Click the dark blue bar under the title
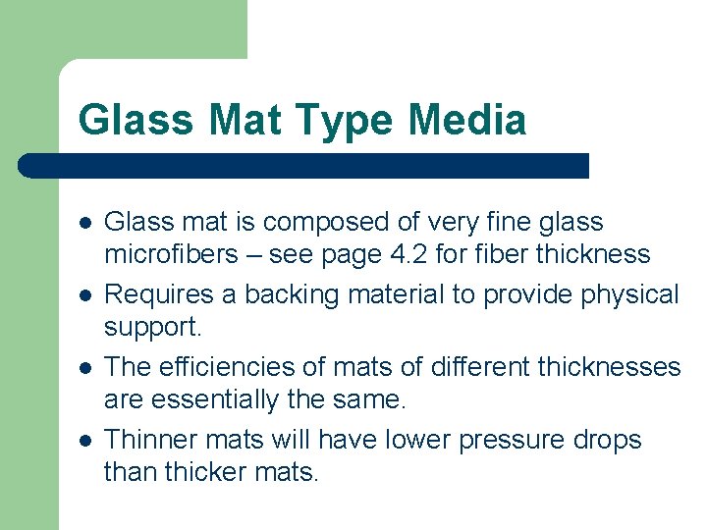coord(304,166)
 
